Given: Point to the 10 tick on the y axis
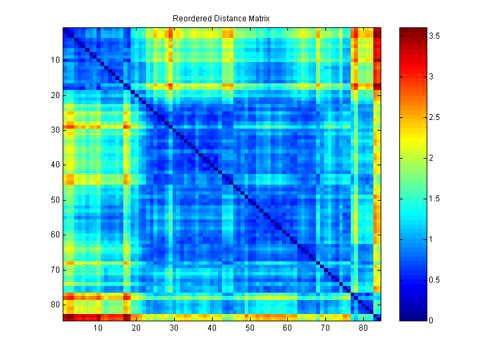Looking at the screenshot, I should coord(55,60).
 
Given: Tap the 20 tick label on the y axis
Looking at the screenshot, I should coord(55,95).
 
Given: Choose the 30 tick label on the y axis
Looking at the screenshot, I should coord(55,130).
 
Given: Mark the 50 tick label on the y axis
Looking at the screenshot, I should coord(55,200).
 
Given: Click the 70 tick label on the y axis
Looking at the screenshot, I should coord(55,270).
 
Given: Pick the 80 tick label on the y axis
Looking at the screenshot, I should coord(55,305).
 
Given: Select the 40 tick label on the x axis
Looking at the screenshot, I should coord(211,328).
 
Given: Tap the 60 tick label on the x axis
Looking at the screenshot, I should coord(287,328).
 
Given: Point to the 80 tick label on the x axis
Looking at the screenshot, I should coord(363,328).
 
